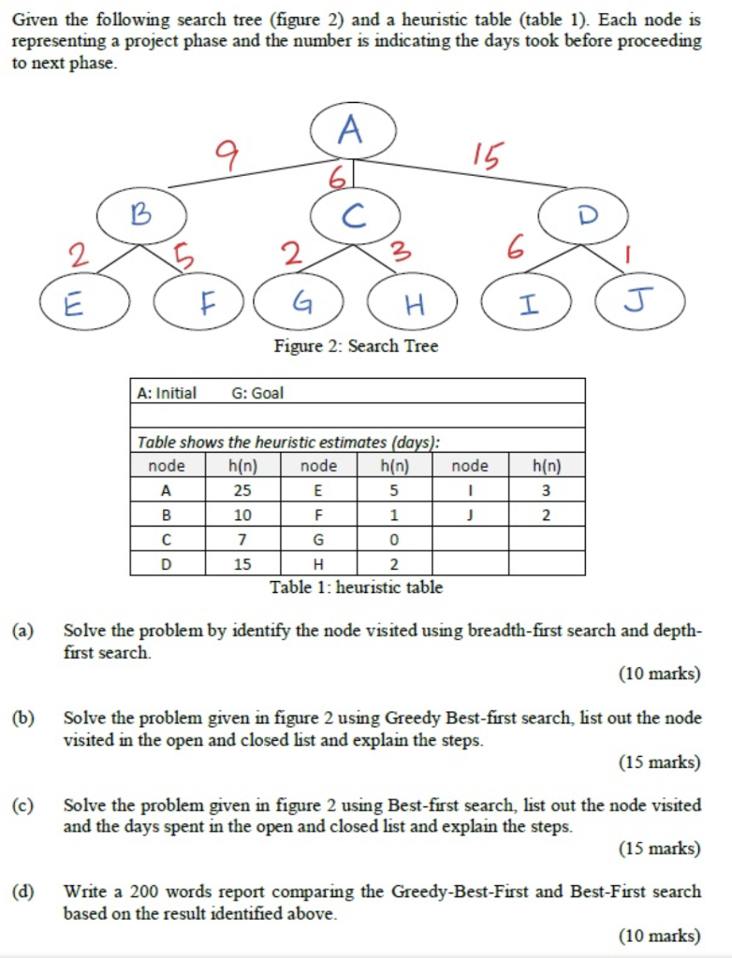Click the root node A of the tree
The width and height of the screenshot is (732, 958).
[x=353, y=130]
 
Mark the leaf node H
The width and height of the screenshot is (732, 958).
[x=412, y=301]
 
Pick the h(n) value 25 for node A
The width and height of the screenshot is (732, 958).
[x=242, y=489]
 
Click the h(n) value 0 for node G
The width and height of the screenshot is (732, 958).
[x=394, y=539]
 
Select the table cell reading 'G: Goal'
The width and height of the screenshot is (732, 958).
[x=256, y=393]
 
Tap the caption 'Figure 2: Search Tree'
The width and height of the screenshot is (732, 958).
[x=356, y=346]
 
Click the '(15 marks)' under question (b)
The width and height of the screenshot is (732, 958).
[x=659, y=762]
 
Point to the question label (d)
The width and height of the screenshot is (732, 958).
[x=23, y=892]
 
